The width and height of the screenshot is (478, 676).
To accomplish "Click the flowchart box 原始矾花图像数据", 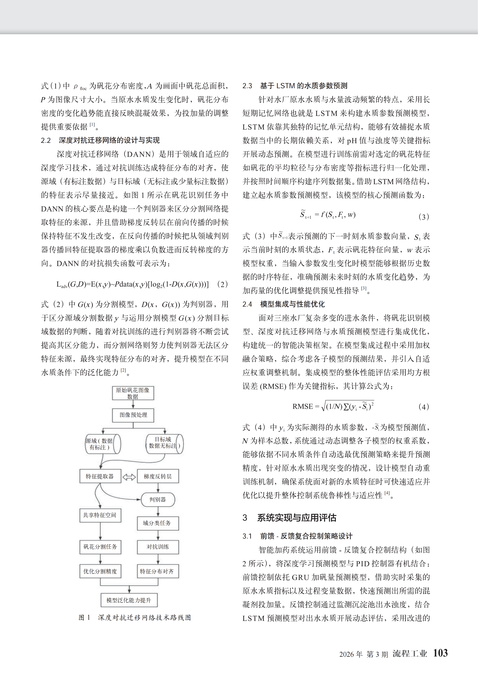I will (133, 393).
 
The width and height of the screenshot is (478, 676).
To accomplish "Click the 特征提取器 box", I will (100, 476).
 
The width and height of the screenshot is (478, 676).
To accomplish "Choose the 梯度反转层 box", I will (158, 476).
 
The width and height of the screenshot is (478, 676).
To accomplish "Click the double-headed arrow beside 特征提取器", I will (129, 477).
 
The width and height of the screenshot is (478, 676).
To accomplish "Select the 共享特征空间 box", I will (100, 515).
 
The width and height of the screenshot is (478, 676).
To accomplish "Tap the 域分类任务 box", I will (158, 523).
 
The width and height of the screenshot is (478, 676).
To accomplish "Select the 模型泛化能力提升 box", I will (129, 600).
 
